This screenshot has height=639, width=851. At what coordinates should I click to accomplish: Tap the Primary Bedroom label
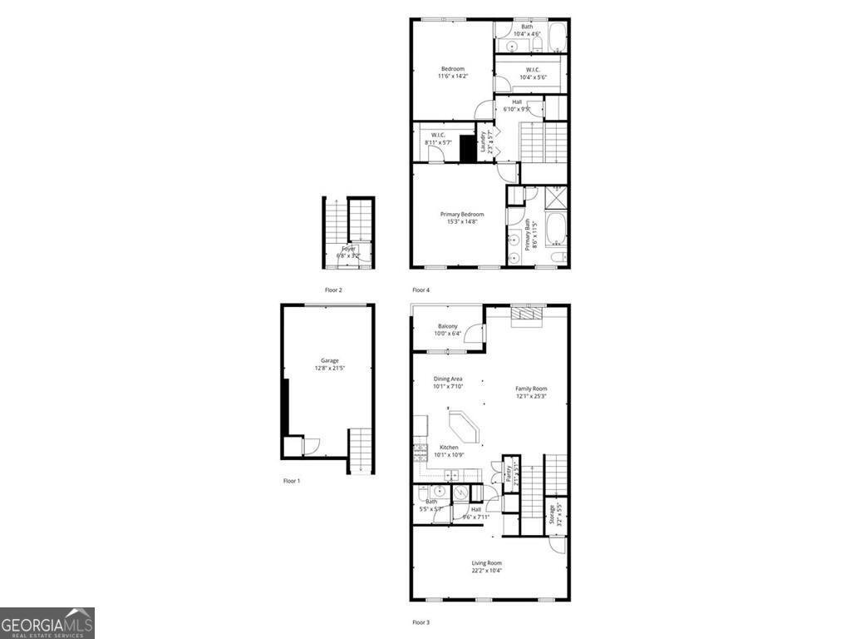(461, 214)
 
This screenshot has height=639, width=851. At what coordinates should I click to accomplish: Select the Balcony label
(448, 326)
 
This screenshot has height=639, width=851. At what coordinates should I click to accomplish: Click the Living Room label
(486, 562)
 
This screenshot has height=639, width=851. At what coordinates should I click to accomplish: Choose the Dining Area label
(448, 379)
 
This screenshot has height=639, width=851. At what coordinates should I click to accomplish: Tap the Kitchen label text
(449, 448)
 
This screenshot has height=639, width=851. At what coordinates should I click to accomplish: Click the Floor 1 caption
(291, 481)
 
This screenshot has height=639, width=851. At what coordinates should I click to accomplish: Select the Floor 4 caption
(421, 290)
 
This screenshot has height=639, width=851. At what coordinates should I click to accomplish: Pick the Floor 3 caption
(421, 622)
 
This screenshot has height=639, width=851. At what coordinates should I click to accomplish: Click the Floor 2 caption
(333, 290)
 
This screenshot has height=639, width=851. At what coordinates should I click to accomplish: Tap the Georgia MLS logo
(47, 623)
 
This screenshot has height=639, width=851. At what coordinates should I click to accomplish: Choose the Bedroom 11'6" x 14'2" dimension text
(453, 76)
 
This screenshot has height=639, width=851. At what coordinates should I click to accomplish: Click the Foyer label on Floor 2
(347, 248)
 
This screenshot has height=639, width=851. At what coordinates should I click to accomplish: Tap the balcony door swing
(473, 333)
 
